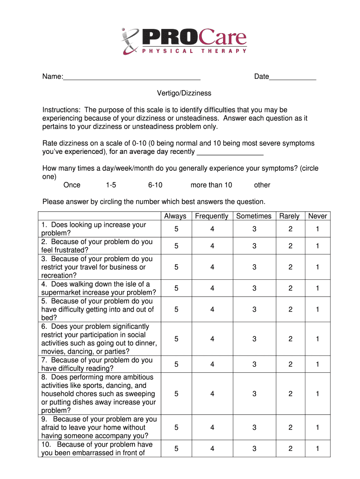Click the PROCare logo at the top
coord(183,41)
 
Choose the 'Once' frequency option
coord(72,185)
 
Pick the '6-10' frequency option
coord(155,185)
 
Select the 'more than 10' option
coord(211,185)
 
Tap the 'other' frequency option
coord(262,185)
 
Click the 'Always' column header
coord(175,216)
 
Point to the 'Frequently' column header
coord(212,216)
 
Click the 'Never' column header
coord(317,216)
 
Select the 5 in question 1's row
coord(176,229)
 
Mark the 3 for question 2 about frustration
coord(254,246)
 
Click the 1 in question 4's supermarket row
coord(317,289)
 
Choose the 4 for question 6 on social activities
coord(212,339)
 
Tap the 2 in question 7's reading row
coord(290,364)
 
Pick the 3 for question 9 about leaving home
coord(254,428)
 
